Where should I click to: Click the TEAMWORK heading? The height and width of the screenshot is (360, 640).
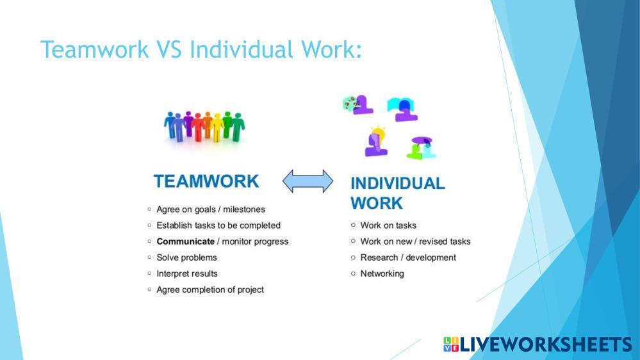tap(206, 181)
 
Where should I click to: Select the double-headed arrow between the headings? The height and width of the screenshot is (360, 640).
tap(308, 181)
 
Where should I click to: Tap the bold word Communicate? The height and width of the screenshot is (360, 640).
tap(185, 241)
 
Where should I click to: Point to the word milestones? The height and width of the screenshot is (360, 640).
tap(244, 209)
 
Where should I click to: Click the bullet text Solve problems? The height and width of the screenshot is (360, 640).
tap(186, 258)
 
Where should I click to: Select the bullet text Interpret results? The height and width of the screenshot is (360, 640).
tap(187, 274)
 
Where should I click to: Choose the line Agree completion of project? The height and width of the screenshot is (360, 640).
tap(210, 290)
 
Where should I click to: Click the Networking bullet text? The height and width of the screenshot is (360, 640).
tap(382, 274)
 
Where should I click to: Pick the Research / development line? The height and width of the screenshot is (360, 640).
tap(408, 258)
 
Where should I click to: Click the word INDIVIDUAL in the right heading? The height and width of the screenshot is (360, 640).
tap(398, 183)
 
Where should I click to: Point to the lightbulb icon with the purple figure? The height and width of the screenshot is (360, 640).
tap(376, 142)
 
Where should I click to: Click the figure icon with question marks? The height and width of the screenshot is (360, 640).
tap(358, 104)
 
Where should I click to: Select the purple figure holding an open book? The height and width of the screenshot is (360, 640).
tap(402, 110)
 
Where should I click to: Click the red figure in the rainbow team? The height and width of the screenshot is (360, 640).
tap(199, 127)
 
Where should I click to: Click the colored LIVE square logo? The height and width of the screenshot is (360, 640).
tap(451, 344)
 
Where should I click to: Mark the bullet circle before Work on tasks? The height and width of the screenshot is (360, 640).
tap(353, 225)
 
